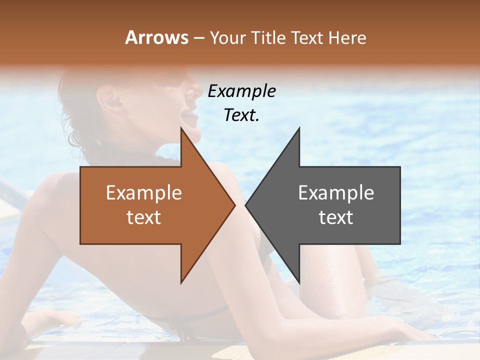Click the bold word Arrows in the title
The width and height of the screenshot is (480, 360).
tap(156, 37)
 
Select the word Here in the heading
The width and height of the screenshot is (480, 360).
tap(347, 37)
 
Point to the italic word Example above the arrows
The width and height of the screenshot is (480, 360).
tap(241, 91)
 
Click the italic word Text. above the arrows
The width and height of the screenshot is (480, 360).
tap(241, 115)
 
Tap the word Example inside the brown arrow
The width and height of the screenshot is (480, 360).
tap(143, 192)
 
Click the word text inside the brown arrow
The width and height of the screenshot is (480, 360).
tap(143, 217)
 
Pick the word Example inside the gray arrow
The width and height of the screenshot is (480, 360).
tap(336, 192)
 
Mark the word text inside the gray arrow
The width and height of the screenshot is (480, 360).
tap(336, 217)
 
